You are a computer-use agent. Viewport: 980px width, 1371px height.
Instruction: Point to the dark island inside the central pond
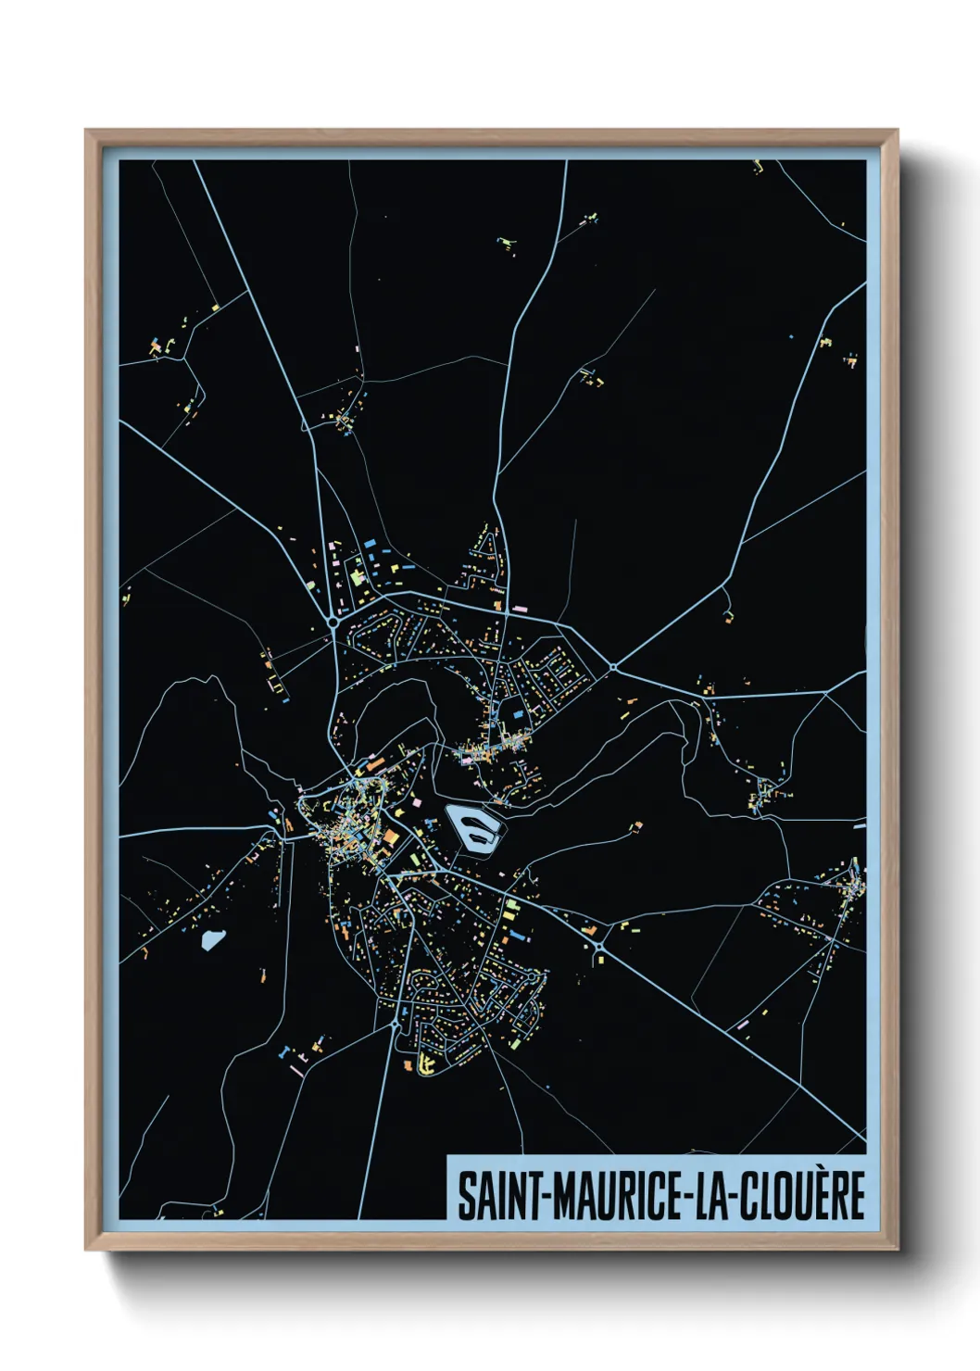pos(474,827)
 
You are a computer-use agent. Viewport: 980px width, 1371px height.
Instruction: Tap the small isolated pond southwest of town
pos(212,940)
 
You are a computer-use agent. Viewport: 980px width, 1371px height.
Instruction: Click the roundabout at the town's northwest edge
pos(332,623)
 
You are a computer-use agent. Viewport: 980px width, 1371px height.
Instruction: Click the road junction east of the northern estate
pos(612,667)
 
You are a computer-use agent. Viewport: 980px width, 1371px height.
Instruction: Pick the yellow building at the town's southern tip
pos(426,1063)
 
